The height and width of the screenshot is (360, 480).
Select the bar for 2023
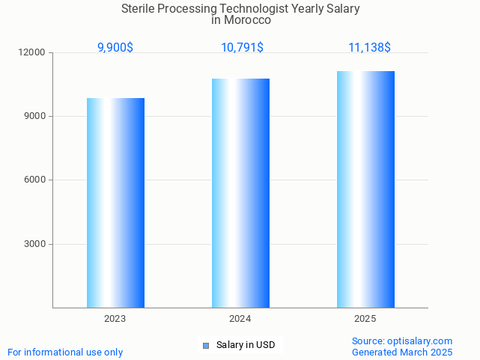(115, 202)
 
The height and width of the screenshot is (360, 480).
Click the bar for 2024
(240, 192)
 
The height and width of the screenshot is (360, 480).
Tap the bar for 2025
(365, 189)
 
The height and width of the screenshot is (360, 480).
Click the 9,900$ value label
(115, 47)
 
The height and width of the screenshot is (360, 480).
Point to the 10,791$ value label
(241, 47)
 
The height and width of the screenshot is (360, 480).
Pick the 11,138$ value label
(369, 47)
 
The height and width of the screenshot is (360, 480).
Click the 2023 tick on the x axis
(115, 319)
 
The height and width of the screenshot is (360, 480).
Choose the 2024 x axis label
(240, 319)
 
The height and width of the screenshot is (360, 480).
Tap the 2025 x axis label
(365, 319)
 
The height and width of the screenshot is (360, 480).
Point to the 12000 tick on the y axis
(32, 52)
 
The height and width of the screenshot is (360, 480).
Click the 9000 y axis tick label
(34, 116)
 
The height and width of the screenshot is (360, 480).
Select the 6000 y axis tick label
(34, 180)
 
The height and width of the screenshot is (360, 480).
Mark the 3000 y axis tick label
(34, 244)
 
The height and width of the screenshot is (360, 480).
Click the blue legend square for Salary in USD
(206, 345)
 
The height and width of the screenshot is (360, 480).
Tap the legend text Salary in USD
(246, 345)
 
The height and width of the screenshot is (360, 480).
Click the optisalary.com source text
(402, 341)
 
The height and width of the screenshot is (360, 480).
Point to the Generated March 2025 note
(402, 352)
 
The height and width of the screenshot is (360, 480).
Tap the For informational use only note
(65, 352)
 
